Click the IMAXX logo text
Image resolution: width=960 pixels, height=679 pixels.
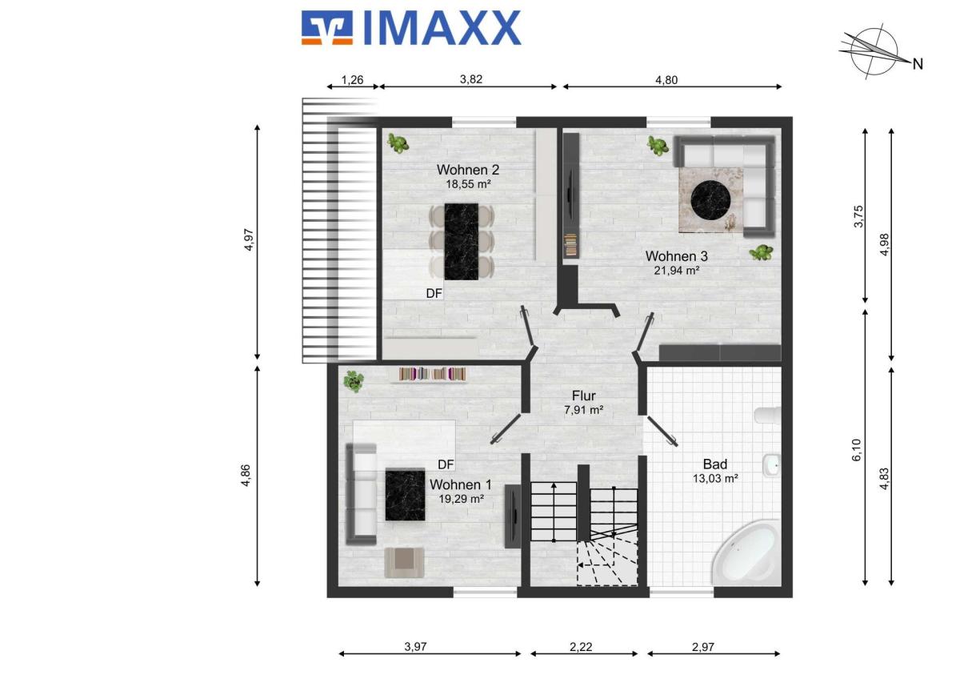coord(442,28)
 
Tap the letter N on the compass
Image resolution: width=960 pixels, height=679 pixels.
coord(918,64)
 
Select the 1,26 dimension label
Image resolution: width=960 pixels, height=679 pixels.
coord(352,80)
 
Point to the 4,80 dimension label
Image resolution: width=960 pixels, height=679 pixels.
coord(666,80)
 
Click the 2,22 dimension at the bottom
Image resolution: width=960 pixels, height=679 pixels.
coord(581,647)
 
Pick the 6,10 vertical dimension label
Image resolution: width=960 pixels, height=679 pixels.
coord(856,450)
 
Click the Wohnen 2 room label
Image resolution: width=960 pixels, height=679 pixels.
coord(467,170)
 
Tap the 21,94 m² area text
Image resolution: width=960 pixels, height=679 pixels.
coord(677,271)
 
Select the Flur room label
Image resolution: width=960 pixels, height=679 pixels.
coord(584,396)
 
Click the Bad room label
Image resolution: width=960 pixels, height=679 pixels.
coord(715,464)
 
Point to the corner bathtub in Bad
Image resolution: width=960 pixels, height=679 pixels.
coord(746,553)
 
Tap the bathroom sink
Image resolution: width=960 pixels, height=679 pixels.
coord(771,465)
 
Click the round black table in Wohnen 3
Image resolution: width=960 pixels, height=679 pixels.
coord(710,200)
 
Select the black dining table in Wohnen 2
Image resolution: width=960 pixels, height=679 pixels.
coord(461,242)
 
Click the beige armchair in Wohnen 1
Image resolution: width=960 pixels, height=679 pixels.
coord(405,562)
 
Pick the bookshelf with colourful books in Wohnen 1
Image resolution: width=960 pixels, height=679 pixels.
coord(432,374)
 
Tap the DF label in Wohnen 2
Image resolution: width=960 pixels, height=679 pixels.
coord(434,293)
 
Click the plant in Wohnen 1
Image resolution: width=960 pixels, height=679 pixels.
coord(354,381)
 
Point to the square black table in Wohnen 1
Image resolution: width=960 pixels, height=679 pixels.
coord(405,496)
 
